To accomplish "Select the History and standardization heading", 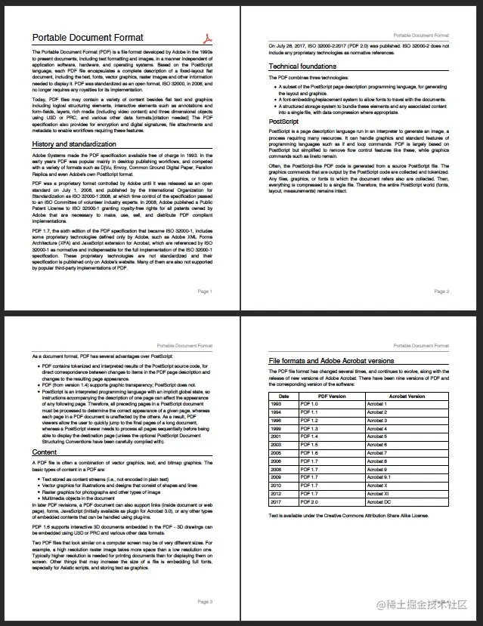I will coord(73,144).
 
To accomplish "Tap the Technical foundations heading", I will coord(302,66).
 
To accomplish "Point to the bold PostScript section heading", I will coord(283,121).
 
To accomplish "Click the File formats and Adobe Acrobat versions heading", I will coord(331,361).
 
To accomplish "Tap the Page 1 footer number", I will coord(205,291).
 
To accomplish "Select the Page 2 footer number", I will coord(441,291).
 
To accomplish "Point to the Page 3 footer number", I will coord(205,602).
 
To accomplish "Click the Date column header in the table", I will coord(283,396).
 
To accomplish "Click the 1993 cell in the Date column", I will coord(276,404).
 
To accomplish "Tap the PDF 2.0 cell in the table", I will coord(309,501).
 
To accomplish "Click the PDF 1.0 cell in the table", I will coord(309,404).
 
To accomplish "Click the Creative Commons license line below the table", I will coord(348,516).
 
